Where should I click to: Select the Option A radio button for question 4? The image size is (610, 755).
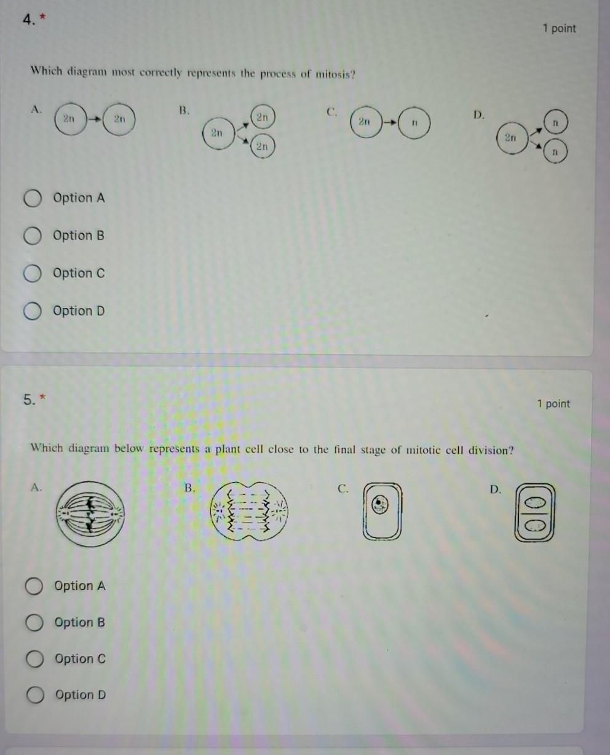(x=33, y=198)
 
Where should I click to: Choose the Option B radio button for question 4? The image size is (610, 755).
(x=33, y=236)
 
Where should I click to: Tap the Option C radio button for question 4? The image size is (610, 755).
(x=33, y=274)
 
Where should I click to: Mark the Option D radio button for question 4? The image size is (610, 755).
(x=33, y=311)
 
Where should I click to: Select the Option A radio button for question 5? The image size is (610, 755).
(x=34, y=586)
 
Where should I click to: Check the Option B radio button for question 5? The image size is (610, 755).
(x=34, y=622)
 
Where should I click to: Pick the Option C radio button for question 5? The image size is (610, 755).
(x=34, y=658)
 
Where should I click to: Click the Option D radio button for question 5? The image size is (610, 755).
(x=35, y=695)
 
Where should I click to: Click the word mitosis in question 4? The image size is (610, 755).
(x=335, y=75)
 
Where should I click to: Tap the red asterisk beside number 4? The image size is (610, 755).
(x=43, y=17)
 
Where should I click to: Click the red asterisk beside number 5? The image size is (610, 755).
(x=42, y=397)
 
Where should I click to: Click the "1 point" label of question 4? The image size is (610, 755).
(x=560, y=28)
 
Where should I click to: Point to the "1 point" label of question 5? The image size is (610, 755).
(x=553, y=404)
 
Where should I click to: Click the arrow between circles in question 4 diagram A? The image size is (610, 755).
(x=95, y=119)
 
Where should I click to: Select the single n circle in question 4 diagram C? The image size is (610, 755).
(x=414, y=123)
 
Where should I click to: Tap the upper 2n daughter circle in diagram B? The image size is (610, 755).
(x=263, y=117)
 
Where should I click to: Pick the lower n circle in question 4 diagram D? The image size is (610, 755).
(x=555, y=151)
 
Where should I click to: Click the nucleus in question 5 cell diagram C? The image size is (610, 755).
(x=379, y=504)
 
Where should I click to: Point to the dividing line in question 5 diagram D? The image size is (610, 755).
(x=534, y=514)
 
